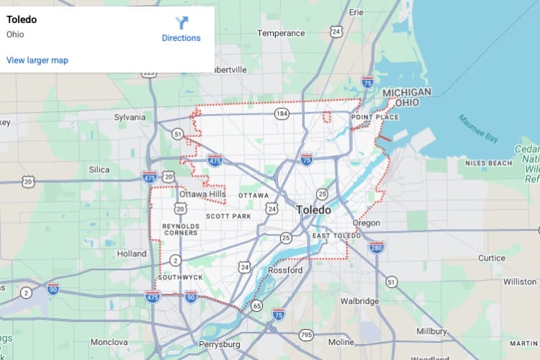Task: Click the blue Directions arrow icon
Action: [x=181, y=23]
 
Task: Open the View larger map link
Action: [x=37, y=60]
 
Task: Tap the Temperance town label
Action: [x=282, y=33]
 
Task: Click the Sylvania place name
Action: [x=130, y=117]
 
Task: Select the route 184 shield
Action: [x=281, y=114]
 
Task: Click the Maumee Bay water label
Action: [x=479, y=126]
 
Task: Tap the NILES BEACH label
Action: [x=488, y=163]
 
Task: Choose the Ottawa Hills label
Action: [x=202, y=194]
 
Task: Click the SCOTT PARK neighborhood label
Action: [x=228, y=216]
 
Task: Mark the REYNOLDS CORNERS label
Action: [x=180, y=228]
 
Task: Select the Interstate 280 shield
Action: [x=377, y=247]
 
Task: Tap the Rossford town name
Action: [x=285, y=270]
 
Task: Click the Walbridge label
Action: [x=359, y=300]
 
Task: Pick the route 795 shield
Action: [x=307, y=335]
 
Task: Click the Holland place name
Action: [x=132, y=253]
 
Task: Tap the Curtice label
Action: [x=492, y=258]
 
